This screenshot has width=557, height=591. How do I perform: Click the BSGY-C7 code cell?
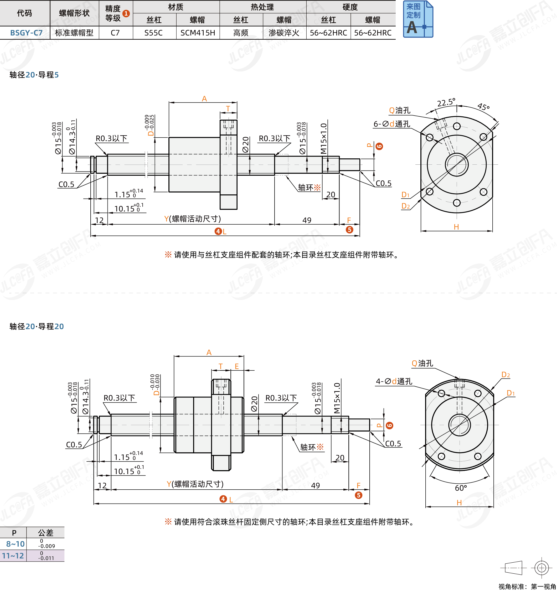(x=26, y=33)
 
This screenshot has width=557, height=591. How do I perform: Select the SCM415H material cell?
(x=198, y=33)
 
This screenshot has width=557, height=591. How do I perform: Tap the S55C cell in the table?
(x=153, y=33)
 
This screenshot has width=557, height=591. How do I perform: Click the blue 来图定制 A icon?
(x=417, y=19)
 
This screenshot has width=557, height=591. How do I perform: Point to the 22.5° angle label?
(x=446, y=102)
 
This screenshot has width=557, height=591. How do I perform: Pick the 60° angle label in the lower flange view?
(x=461, y=488)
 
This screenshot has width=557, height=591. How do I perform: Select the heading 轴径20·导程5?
(x=34, y=75)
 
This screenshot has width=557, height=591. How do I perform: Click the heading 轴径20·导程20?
(x=37, y=326)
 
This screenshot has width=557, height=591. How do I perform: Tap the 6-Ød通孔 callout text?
(x=391, y=124)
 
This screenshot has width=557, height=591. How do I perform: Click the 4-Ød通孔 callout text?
(x=394, y=381)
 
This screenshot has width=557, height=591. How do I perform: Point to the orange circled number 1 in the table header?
(x=126, y=13)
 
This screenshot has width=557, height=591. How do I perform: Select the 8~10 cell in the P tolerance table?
(x=15, y=544)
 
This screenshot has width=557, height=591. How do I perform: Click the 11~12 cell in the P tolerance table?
(x=13, y=556)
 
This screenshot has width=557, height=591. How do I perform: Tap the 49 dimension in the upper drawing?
(x=307, y=220)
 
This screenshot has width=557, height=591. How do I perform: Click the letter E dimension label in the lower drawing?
(x=236, y=366)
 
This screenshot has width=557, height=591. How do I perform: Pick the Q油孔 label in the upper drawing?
(x=399, y=111)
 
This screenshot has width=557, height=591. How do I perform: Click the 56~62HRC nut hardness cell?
(x=373, y=33)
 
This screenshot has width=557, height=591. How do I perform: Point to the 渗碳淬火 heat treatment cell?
(x=284, y=33)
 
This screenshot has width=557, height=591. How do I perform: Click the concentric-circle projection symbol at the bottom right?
(x=541, y=568)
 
